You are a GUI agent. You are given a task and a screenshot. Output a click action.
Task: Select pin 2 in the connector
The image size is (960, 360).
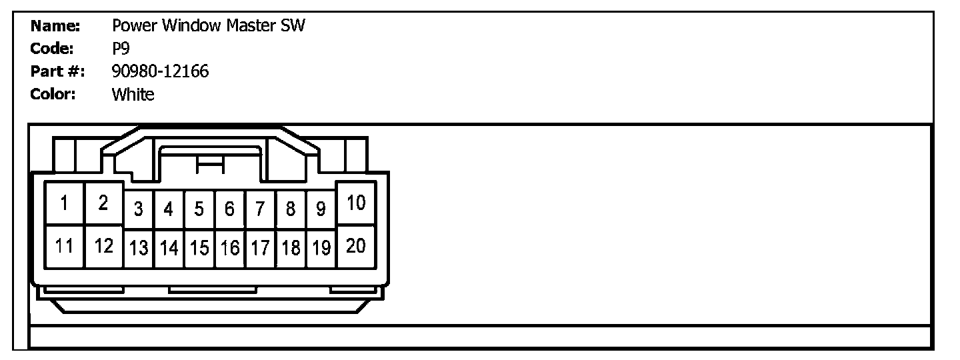[103, 203]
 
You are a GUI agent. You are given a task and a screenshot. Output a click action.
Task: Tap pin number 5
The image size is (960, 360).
[199, 209]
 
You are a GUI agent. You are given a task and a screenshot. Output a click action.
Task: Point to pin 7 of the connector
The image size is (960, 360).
[260, 209]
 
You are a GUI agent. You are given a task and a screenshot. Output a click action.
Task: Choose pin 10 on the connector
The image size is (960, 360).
[357, 203]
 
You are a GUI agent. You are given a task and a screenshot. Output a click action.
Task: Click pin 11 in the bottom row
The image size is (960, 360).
[65, 246]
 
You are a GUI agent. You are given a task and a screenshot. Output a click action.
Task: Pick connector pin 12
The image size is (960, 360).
[103, 246]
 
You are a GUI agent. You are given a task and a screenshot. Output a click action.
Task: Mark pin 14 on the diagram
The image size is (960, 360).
[169, 249]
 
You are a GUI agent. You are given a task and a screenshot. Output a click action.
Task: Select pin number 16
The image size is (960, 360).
[229, 249]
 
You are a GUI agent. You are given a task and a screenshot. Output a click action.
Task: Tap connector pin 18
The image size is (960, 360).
[291, 249]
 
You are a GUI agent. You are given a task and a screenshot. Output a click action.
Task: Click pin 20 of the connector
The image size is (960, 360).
[357, 246]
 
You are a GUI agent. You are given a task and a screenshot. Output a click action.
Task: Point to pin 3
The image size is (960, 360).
[138, 209]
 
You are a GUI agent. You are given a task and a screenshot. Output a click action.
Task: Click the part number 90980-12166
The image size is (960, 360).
[160, 71]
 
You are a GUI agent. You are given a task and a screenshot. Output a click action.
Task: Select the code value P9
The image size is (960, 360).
[121, 49]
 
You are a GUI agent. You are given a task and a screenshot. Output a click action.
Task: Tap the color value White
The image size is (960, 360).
[133, 94]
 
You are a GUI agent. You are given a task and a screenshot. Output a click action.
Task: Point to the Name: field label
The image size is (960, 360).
[55, 26]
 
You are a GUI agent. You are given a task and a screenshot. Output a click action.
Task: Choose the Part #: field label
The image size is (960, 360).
[57, 71]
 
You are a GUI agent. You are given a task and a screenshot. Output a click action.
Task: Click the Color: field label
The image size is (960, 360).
[53, 94]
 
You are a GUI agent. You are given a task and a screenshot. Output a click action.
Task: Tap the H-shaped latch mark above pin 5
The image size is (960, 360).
[209, 166]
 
